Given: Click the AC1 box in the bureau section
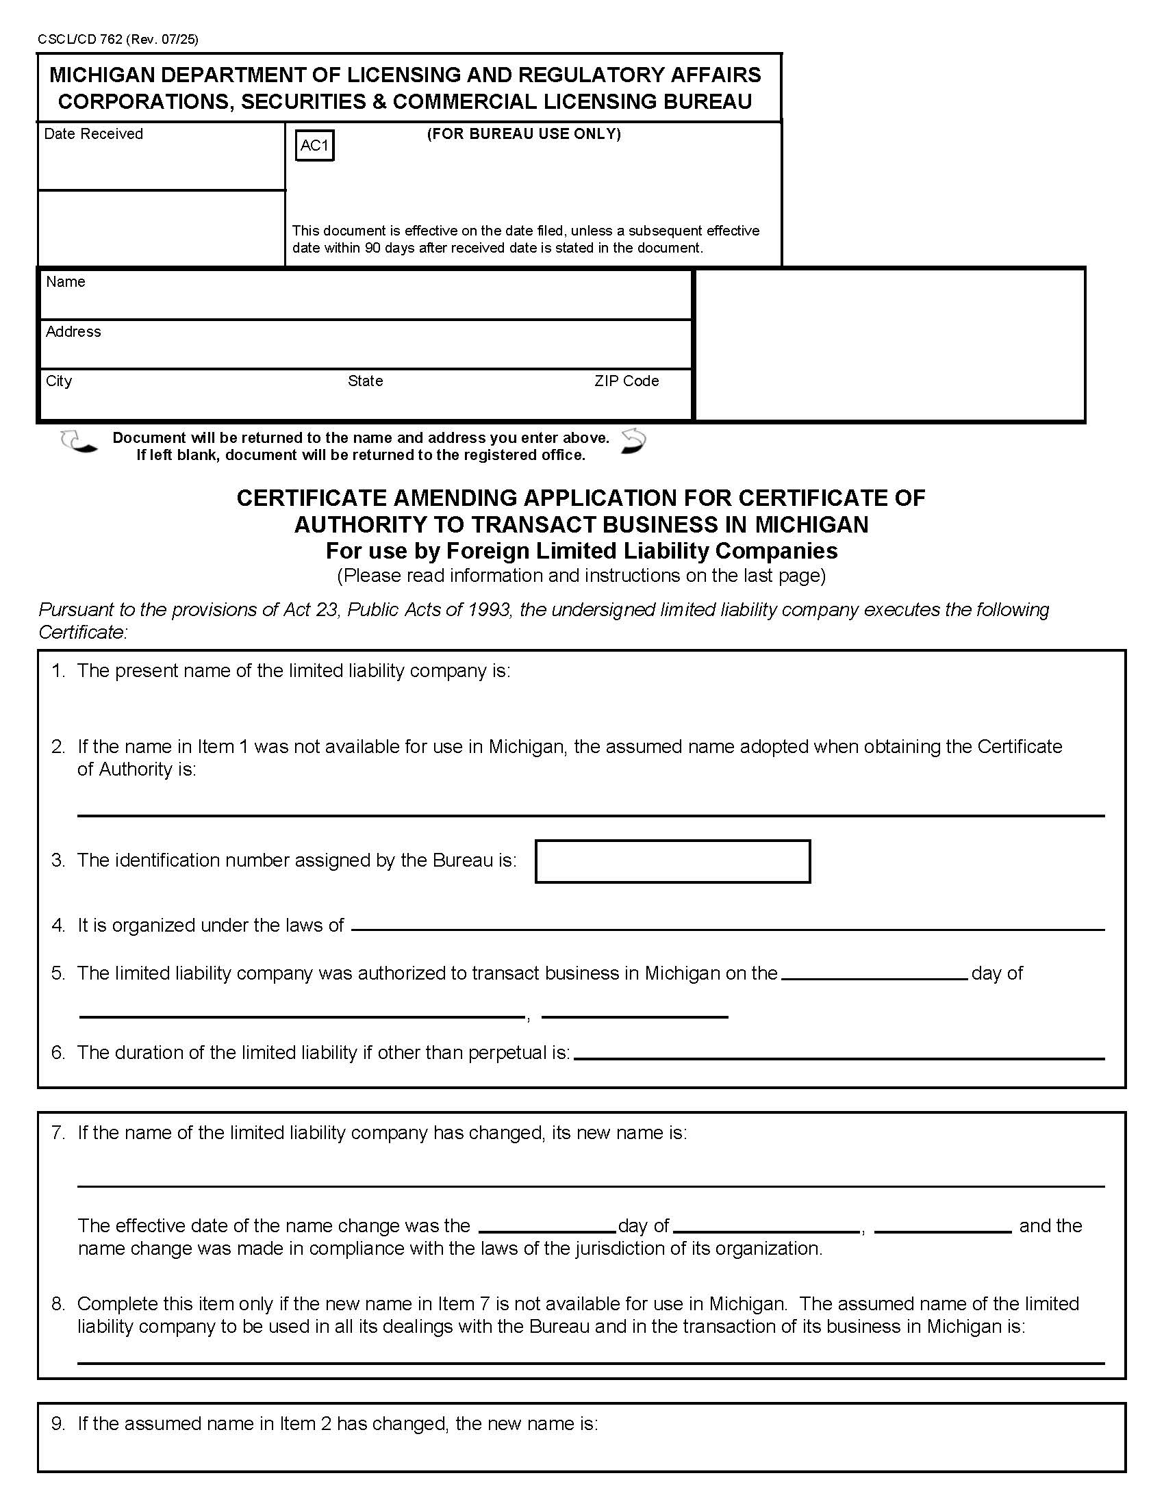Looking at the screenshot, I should point(314,146).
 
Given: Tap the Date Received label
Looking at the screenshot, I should point(93,133).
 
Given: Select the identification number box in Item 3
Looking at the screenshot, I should point(672,860).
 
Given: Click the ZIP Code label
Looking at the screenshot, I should point(626,381).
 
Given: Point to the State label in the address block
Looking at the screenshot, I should point(365,381).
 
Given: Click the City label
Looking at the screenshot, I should point(59,381).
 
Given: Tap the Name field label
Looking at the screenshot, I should point(66,281).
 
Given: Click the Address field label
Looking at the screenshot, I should point(73,332).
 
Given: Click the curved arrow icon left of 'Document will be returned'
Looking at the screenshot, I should point(78,442).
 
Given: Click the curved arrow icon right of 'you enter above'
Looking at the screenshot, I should point(633,442).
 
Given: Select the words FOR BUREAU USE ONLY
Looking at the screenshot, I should point(523,133).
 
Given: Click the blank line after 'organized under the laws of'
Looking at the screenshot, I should point(727,928).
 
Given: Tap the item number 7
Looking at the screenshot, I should point(58,1132).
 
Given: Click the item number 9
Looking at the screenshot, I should point(58,1423).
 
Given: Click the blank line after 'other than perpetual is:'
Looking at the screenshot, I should point(839,1057).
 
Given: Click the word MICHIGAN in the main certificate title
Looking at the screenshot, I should point(811,525).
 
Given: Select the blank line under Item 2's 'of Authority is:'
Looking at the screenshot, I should point(590,815).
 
